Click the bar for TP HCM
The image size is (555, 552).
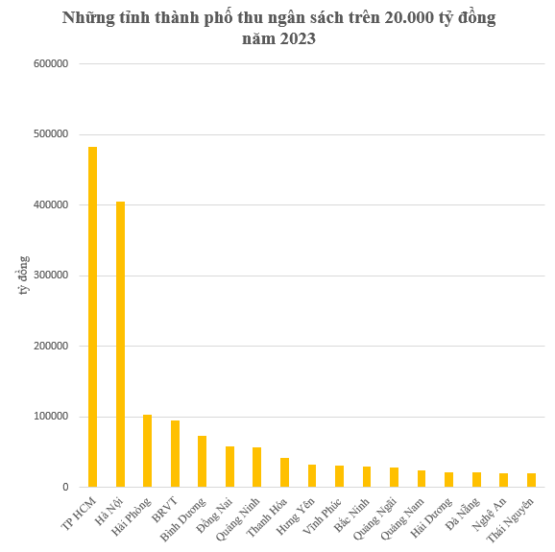click(x=92, y=317)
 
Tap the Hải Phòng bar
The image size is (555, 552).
click(x=147, y=451)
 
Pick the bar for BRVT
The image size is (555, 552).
click(x=175, y=454)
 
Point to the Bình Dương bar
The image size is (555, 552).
click(x=203, y=462)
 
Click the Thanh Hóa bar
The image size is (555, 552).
click(x=284, y=472)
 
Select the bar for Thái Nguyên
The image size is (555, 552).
click(x=531, y=480)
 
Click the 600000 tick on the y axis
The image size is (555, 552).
click(x=51, y=64)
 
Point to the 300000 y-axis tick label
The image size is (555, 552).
click(x=51, y=276)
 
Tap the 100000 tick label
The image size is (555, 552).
click(x=51, y=417)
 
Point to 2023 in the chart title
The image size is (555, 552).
click(x=297, y=39)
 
